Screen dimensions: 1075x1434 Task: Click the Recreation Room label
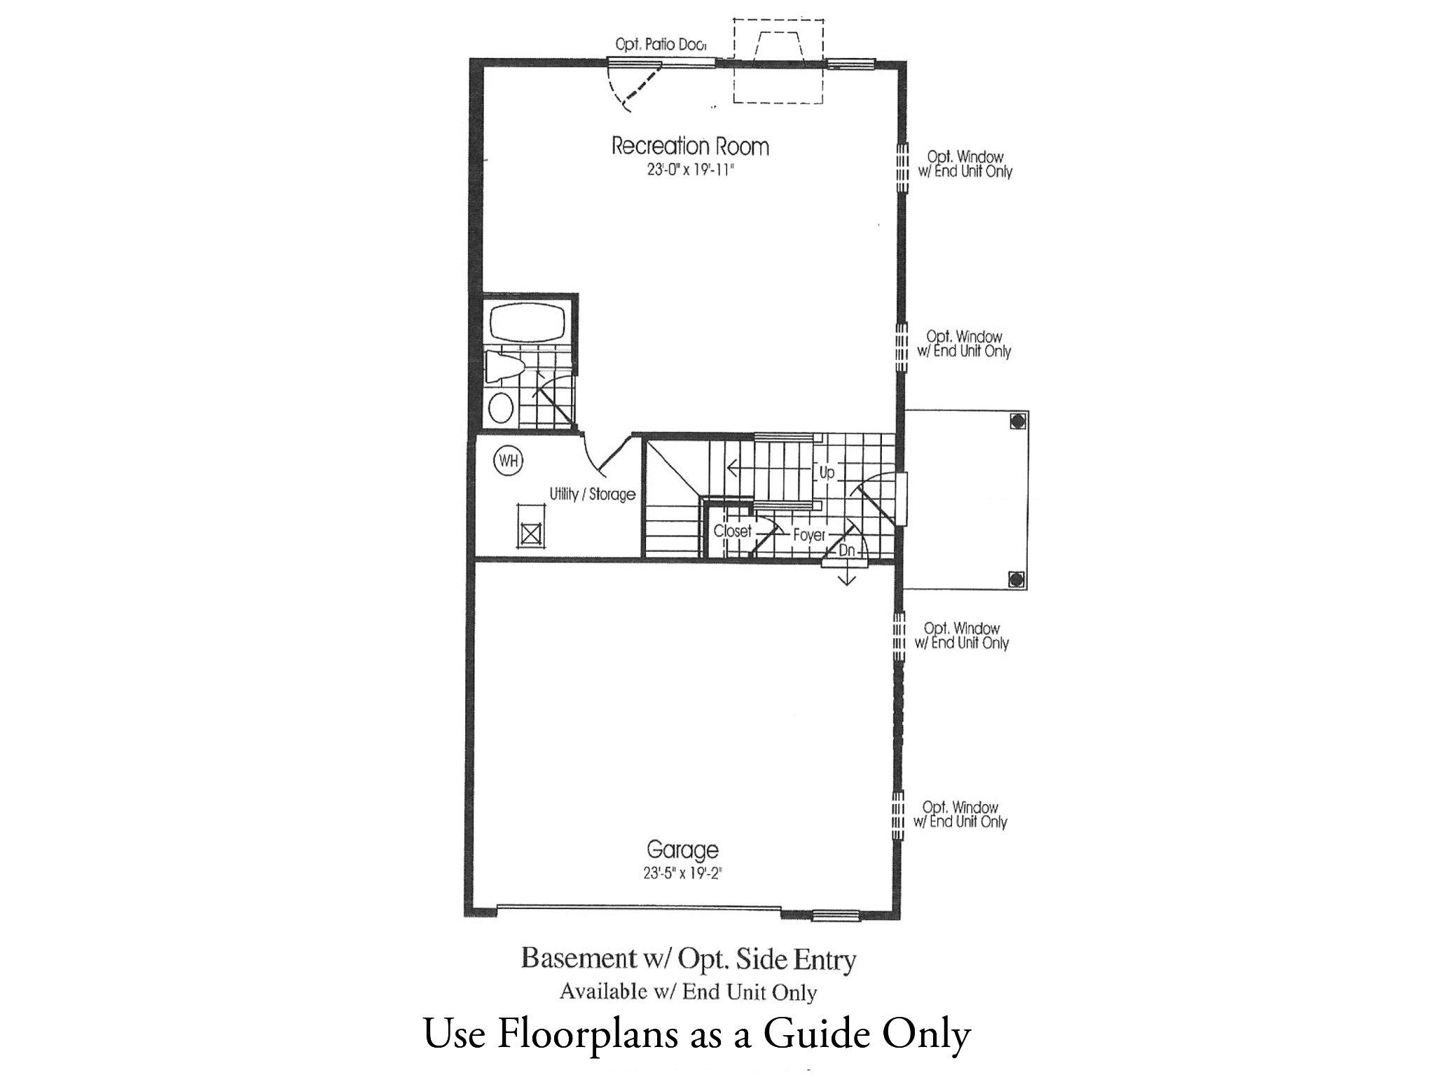[x=690, y=146]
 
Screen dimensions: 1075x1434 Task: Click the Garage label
[x=682, y=850]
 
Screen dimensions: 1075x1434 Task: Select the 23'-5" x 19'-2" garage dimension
[x=682, y=873]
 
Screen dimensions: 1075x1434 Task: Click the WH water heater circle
[x=509, y=461]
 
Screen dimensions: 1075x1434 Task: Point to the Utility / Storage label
[x=592, y=494]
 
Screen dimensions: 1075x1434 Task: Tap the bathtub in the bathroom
[x=526, y=322]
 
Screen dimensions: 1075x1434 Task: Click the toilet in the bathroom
[x=505, y=367]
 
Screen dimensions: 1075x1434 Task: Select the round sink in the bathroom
[x=500, y=407]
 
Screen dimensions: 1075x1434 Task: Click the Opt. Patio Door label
[x=660, y=45]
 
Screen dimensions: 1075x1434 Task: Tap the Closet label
[x=732, y=532]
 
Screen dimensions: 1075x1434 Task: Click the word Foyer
[x=809, y=535]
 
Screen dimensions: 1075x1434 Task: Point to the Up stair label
[x=827, y=473]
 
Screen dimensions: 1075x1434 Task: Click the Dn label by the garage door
[x=847, y=551]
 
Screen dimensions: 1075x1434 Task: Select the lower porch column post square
[x=1017, y=579]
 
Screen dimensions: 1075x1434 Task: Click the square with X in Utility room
[x=531, y=534]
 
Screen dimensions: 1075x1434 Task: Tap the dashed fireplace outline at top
[x=778, y=62]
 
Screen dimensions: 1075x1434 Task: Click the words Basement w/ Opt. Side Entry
[x=688, y=959]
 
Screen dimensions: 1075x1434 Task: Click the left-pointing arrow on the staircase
[x=733, y=467]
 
